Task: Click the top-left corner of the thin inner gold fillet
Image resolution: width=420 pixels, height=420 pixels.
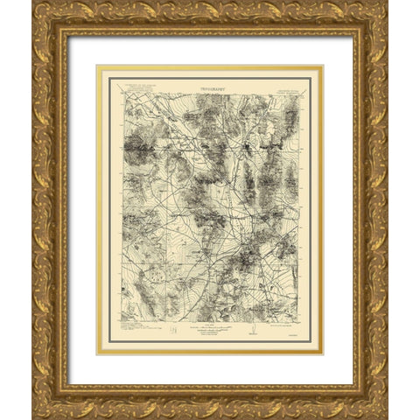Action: [x=98, y=66]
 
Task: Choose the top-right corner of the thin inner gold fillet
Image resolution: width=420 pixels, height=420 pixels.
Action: [x=322, y=66]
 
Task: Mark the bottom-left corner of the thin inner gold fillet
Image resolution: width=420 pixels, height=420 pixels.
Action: [x=98, y=353]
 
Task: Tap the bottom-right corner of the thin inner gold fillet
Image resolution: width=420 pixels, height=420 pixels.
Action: [x=322, y=353]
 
